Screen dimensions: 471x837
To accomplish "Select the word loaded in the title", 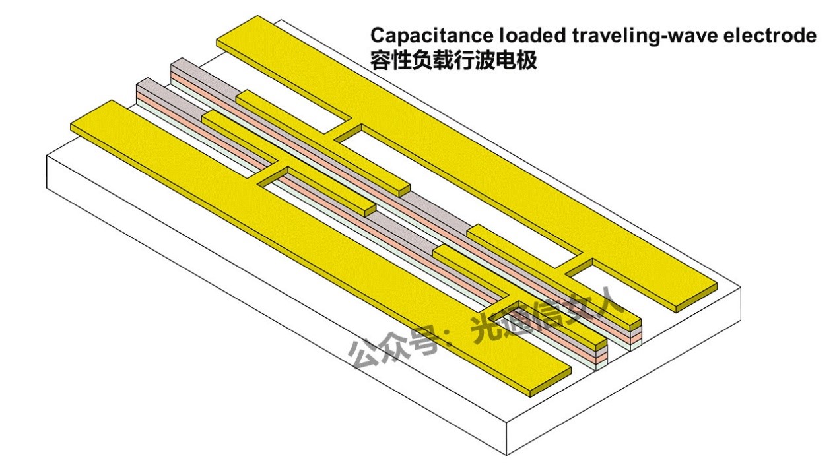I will point(527,36).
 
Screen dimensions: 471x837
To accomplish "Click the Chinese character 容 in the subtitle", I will point(380,61).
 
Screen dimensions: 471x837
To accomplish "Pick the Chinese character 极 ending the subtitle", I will point(527,61).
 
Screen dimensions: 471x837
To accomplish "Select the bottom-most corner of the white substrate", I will point(507,455).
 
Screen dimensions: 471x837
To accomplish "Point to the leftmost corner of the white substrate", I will point(46,156).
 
